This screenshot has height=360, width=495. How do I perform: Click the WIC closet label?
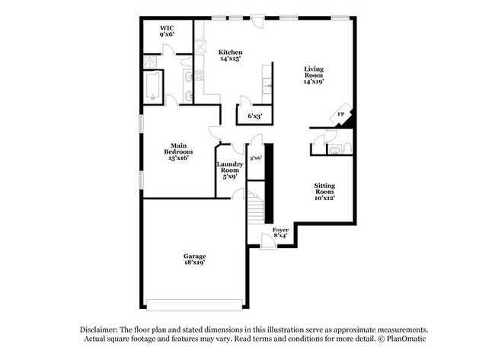167,31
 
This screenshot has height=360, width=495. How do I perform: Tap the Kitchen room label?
231,56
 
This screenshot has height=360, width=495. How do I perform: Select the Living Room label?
314,75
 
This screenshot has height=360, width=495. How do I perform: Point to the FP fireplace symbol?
343,114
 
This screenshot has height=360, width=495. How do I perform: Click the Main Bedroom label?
179,152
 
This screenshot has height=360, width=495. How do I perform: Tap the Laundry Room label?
229,170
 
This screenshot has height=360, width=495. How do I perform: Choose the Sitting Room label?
325,191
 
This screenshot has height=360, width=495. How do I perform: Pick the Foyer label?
280,231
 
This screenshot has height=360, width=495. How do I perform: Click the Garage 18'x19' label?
194,260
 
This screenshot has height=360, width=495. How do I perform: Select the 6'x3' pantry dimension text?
254,116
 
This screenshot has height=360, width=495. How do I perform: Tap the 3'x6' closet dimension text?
256,158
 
